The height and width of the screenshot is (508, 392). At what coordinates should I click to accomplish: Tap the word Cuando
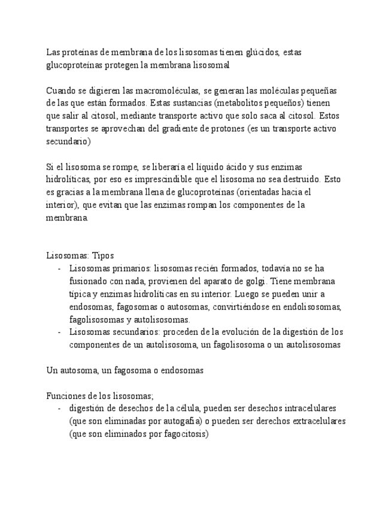click(x=60, y=90)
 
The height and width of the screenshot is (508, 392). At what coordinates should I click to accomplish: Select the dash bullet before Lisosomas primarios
click(x=59, y=268)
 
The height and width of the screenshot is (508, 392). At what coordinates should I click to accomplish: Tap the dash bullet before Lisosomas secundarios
click(x=59, y=332)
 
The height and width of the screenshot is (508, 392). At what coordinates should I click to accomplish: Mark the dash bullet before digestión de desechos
click(x=59, y=408)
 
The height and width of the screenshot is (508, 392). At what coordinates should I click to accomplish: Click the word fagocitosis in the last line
click(x=181, y=434)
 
